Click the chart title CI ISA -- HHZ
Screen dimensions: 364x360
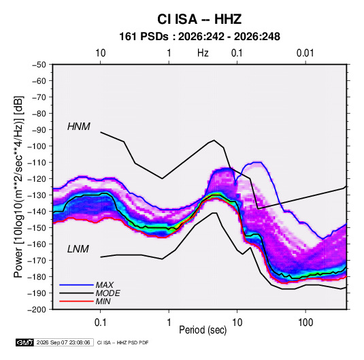click(x=199, y=19)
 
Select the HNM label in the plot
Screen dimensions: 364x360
click(x=79, y=127)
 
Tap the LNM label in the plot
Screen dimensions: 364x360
click(x=78, y=249)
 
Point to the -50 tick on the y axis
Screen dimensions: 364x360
click(x=39, y=65)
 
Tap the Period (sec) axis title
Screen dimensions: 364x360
click(x=203, y=330)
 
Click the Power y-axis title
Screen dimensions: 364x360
click(x=18, y=186)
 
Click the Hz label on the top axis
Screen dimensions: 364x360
click(x=203, y=53)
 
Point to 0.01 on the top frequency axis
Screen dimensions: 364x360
click(x=305, y=53)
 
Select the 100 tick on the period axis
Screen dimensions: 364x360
click(x=305, y=323)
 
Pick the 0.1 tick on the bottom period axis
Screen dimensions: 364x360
click(x=100, y=323)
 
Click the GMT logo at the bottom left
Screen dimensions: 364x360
click(x=25, y=342)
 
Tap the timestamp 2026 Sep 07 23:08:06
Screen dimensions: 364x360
click(x=63, y=342)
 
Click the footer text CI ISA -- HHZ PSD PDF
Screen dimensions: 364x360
click(x=122, y=343)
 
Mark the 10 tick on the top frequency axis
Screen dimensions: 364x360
click(x=101, y=53)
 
